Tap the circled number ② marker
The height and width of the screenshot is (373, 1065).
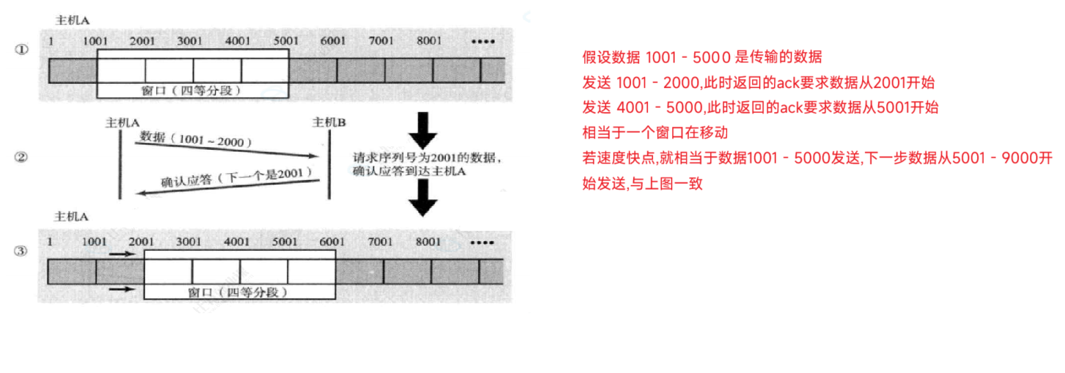[22, 157]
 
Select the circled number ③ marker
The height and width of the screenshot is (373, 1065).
[22, 251]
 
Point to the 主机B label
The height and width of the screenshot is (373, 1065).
[329, 122]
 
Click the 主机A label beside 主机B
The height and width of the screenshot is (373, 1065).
[122, 122]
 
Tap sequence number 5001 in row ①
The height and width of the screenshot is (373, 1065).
[286, 41]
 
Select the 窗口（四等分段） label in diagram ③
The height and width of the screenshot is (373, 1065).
[238, 293]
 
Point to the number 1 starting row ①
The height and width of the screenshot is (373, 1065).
[51, 41]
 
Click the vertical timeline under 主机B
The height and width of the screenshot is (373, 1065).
[330, 165]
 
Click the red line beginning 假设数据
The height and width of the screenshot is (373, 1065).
[701, 56]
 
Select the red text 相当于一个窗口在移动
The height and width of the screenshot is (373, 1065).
[654, 132]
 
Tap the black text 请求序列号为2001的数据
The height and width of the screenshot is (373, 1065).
[427, 157]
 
